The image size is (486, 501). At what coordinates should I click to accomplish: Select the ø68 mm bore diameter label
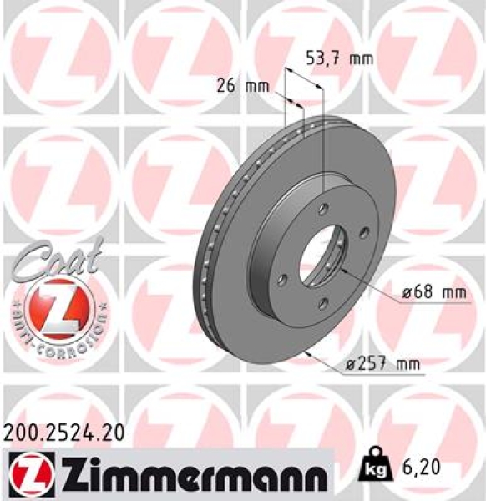(x=431, y=292)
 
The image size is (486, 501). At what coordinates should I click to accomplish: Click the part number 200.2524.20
(x=64, y=432)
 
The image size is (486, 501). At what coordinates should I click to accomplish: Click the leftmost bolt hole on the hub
(x=284, y=279)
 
